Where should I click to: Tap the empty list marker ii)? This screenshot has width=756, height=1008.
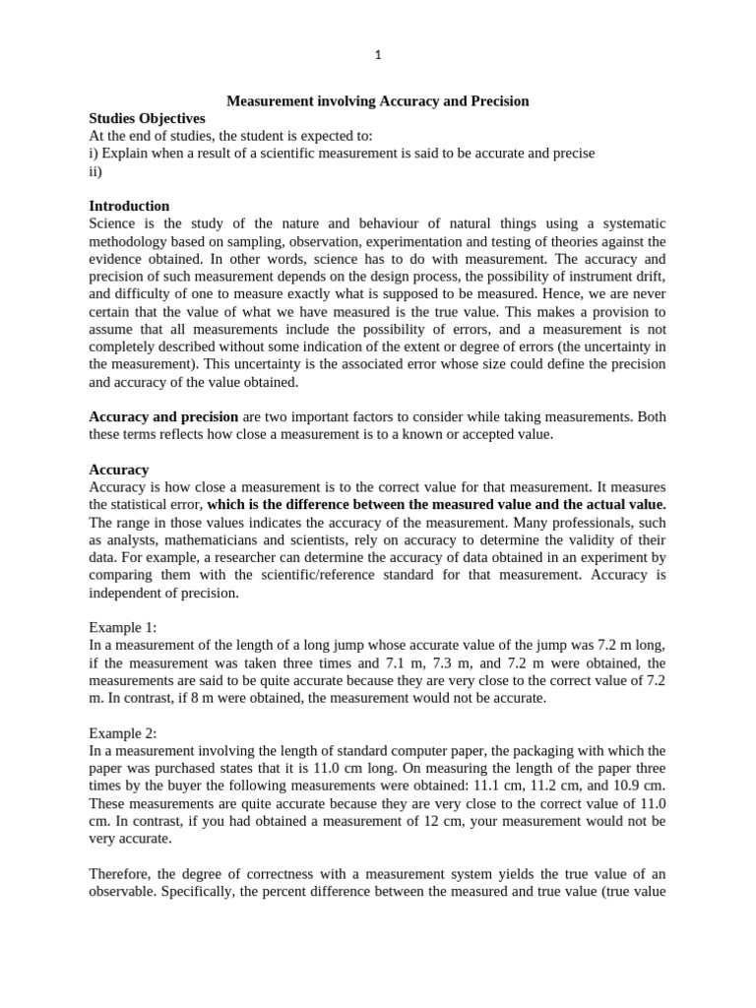tap(95, 170)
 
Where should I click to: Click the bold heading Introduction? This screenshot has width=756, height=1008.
tap(129, 206)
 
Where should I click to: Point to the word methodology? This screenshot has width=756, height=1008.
tap(129, 241)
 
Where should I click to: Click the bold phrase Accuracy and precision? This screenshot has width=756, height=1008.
tap(163, 416)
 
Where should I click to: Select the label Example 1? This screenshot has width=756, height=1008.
tap(123, 627)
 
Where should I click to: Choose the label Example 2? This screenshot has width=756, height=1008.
tap(123, 733)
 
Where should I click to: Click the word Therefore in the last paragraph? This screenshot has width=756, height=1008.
tap(123, 873)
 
